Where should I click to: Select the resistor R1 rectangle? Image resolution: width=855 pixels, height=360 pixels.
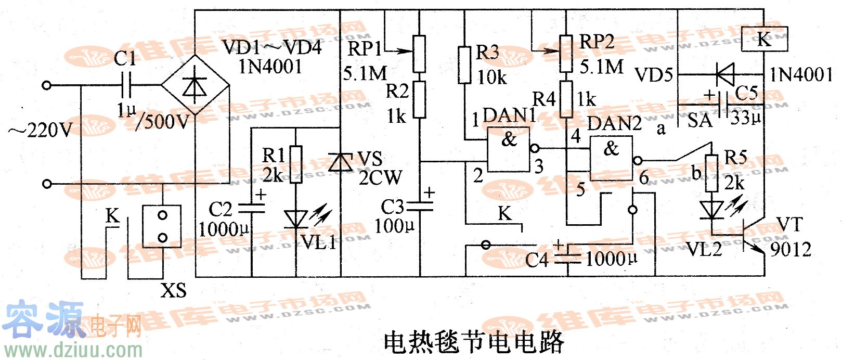[x=295, y=164]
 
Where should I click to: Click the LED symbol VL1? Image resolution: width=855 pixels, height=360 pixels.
[x=296, y=219]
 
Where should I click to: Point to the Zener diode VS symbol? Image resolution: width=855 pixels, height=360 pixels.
[x=341, y=162]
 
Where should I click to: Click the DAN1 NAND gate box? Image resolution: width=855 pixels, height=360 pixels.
[x=508, y=150]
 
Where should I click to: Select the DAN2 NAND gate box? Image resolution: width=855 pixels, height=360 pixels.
[x=611, y=158]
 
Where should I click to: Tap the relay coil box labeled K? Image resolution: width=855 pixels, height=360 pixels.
[x=764, y=39]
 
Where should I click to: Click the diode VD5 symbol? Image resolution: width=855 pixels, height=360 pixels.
[x=724, y=74]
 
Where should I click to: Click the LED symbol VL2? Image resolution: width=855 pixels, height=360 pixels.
[x=711, y=211]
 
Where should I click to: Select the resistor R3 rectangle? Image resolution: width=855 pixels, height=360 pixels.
[x=465, y=65]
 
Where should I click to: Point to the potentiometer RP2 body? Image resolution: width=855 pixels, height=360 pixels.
[x=566, y=54]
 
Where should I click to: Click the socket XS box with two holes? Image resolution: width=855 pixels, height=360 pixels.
[x=162, y=226]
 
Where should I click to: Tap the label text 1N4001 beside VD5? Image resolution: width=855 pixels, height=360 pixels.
[x=801, y=74]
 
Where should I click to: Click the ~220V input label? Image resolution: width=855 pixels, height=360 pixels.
[x=41, y=130]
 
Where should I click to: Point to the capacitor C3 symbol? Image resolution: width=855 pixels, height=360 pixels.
[x=420, y=207]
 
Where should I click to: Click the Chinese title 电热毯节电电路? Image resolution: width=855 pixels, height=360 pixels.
[x=474, y=342]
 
